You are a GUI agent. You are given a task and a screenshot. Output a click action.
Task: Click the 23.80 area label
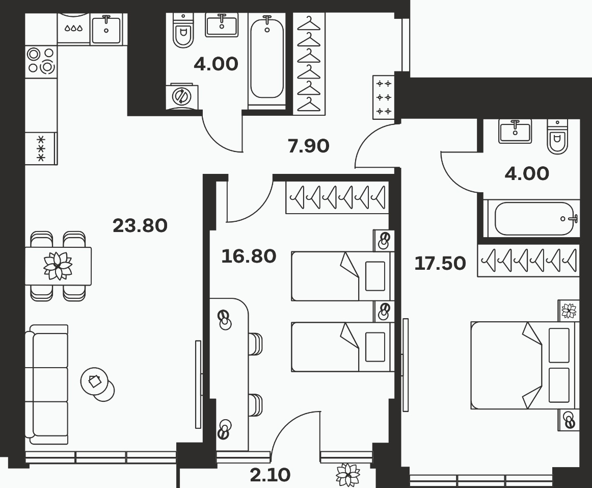[x=140, y=226]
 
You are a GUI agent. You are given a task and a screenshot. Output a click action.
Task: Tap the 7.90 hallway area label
[x=308, y=146]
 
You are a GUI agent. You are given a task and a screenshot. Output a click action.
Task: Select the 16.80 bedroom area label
[x=249, y=256]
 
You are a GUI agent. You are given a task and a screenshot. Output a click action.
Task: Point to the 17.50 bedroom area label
[x=440, y=263]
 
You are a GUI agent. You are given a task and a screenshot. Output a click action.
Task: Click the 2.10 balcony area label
[x=270, y=475]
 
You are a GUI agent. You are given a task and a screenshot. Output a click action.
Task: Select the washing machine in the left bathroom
[x=181, y=96]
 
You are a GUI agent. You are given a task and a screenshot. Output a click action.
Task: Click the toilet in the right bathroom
[x=557, y=137]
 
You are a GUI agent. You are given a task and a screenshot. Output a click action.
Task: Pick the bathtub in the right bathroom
[x=532, y=218]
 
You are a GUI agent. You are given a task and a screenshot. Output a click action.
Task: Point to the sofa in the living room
[x=47, y=384]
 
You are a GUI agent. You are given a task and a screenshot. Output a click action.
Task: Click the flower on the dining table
[x=58, y=266]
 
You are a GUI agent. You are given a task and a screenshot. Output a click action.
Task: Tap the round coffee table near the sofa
[x=97, y=384]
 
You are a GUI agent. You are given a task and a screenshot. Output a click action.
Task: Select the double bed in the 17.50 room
[x=525, y=365]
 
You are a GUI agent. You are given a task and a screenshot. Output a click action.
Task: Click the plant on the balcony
[x=348, y=474]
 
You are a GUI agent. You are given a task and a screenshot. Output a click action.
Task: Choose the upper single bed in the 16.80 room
[x=342, y=276]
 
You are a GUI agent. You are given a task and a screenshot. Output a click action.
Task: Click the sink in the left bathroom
[x=222, y=25]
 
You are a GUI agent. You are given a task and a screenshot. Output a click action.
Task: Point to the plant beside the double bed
[x=569, y=311]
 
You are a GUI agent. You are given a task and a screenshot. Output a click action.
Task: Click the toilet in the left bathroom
[x=183, y=31]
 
